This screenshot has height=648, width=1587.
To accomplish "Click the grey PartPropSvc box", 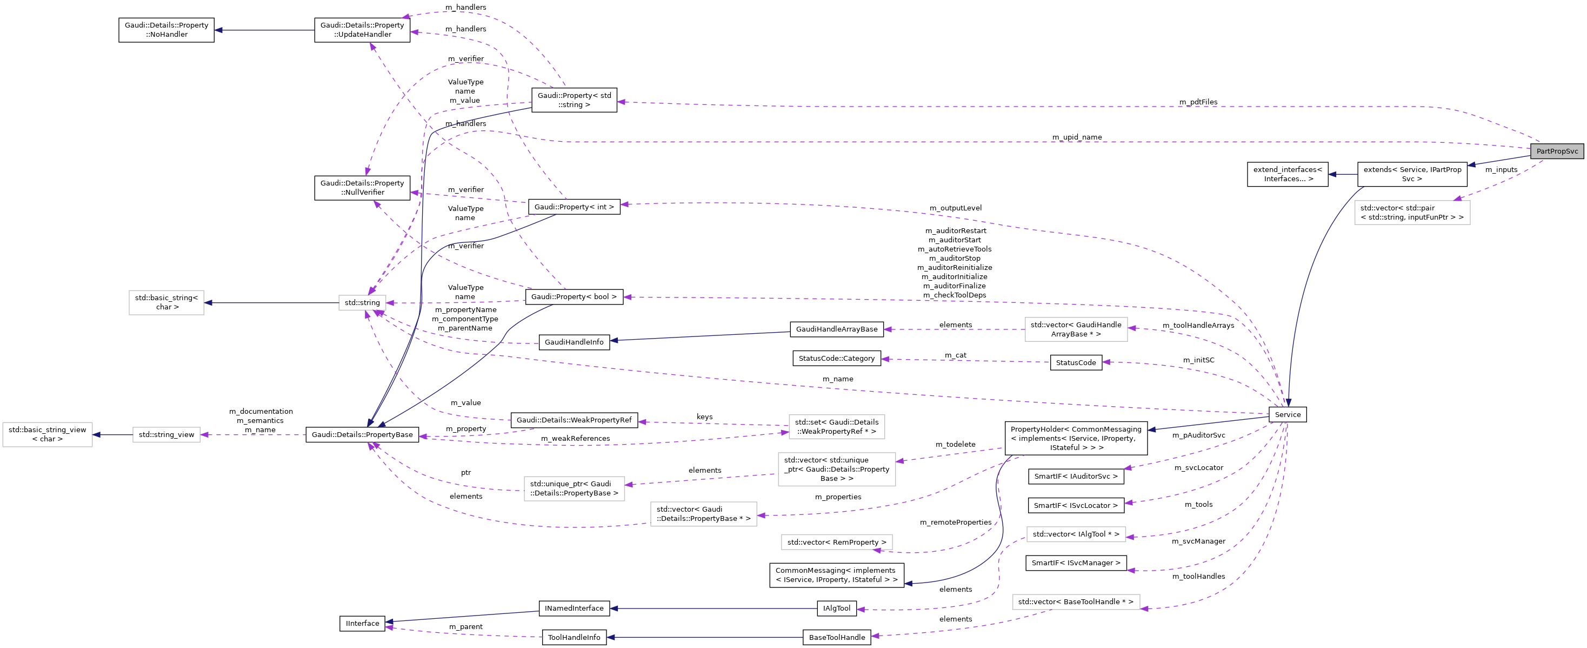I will [x=1556, y=151].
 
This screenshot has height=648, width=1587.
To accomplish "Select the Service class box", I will [x=1287, y=414].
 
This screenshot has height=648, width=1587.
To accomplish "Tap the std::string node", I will [x=362, y=303].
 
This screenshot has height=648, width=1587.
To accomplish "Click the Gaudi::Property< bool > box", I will [x=574, y=296].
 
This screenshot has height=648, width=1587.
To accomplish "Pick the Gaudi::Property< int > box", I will [x=574, y=207].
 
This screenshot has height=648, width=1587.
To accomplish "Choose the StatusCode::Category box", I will [x=836, y=358].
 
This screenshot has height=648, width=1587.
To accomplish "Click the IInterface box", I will [x=362, y=623].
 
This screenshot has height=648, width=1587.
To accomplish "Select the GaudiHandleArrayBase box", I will [x=836, y=329].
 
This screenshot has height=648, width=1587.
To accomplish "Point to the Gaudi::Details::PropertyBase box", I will [x=362, y=435].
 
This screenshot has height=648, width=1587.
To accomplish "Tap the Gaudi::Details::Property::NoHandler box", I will [x=166, y=30].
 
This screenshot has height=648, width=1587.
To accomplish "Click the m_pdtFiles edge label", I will [x=1198, y=102].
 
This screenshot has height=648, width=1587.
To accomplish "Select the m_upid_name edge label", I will [x=1076, y=137].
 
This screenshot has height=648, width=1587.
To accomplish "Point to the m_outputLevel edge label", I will [x=955, y=208].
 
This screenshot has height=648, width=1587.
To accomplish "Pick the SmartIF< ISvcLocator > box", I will [x=1075, y=506].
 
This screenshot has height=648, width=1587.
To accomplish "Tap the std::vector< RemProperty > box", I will [x=836, y=543].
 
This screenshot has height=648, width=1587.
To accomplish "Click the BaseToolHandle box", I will [x=836, y=638].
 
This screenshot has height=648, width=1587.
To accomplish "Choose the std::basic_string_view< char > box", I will [x=48, y=435].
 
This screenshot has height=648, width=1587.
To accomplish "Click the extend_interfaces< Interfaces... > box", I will [x=1287, y=175].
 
